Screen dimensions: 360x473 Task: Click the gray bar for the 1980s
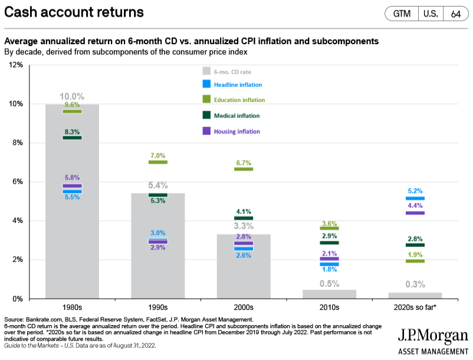(x=72, y=236)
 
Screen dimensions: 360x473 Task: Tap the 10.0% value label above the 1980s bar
(x=72, y=96)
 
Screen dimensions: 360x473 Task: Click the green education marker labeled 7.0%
(x=158, y=162)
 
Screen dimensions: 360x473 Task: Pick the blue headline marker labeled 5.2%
(x=415, y=198)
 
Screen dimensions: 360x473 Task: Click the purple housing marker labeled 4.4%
(x=415, y=212)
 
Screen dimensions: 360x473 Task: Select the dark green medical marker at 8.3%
(x=72, y=138)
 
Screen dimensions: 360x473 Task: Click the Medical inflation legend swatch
(x=206, y=116)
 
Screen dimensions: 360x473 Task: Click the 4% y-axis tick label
(x=17, y=221)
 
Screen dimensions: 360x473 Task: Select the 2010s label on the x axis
(x=329, y=307)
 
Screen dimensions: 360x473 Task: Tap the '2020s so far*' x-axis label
(x=415, y=307)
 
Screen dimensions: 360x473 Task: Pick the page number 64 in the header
(x=456, y=14)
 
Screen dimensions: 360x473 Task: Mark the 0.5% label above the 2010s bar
(x=329, y=283)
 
